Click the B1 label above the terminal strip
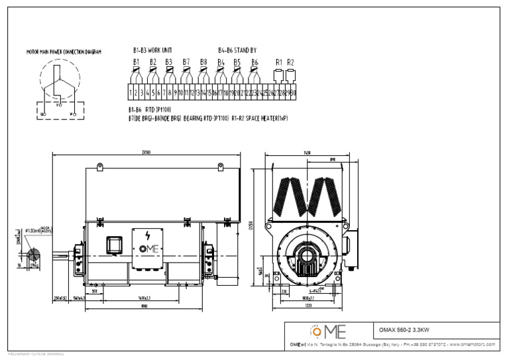click(x=136, y=62)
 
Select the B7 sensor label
click(x=186, y=62)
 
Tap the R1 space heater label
click(x=279, y=62)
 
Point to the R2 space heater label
click(x=290, y=62)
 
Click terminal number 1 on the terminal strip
click(x=131, y=93)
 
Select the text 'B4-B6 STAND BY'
click(x=238, y=50)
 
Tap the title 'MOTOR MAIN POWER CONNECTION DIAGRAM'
click(x=64, y=51)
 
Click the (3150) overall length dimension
click(x=146, y=152)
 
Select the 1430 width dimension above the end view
click(x=307, y=152)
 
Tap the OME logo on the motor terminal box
click(x=146, y=250)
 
